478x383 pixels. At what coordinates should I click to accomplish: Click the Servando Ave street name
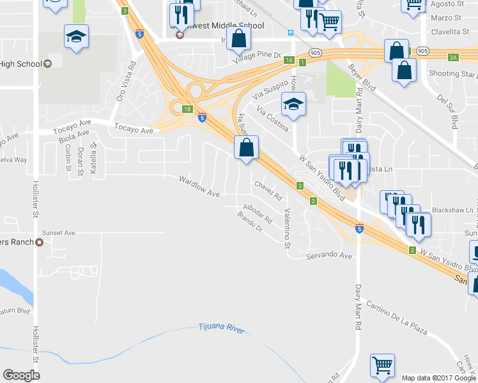tap(329, 255)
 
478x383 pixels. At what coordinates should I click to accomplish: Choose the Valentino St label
tap(288, 228)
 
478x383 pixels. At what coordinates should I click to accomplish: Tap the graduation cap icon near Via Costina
tap(293, 104)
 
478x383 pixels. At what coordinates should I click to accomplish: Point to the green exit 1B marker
tap(187, 109)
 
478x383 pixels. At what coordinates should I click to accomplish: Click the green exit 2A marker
tap(453, 57)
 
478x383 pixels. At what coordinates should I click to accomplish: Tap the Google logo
tap(21, 375)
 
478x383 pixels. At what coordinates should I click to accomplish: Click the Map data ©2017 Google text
tap(438, 378)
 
